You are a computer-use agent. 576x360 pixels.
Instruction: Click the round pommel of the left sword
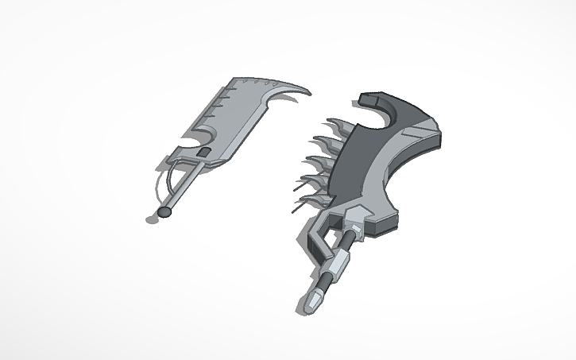click(x=165, y=212)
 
